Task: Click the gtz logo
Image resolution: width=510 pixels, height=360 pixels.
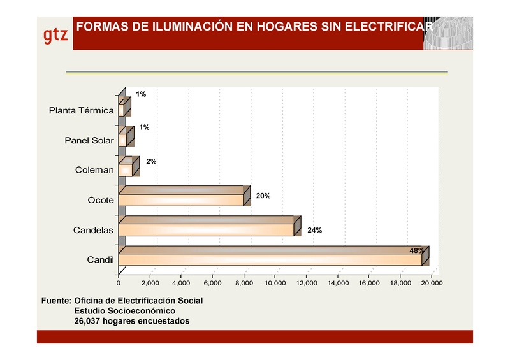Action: coord(55,35)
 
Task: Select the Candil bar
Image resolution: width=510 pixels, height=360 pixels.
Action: coord(270,260)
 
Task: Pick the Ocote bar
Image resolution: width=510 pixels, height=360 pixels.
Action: coord(181,199)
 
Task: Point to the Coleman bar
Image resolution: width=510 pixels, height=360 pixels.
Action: coord(126,169)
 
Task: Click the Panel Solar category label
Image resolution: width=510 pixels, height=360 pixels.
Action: coord(89,140)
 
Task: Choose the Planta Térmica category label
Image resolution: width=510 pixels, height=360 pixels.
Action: coord(82,110)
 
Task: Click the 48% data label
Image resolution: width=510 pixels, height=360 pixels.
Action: coord(416,250)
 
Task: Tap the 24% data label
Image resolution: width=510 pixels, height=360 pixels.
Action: coord(314,230)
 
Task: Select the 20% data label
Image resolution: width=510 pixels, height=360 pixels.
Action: coord(263,196)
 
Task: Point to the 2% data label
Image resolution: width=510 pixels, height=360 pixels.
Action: coord(151,162)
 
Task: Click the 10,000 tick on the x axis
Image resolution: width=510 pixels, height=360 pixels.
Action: coord(275,283)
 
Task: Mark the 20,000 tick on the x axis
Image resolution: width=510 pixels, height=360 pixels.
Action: coord(432,283)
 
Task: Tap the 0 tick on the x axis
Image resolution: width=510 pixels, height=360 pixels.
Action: coord(119,283)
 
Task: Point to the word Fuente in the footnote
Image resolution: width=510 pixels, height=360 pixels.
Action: coord(54,299)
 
